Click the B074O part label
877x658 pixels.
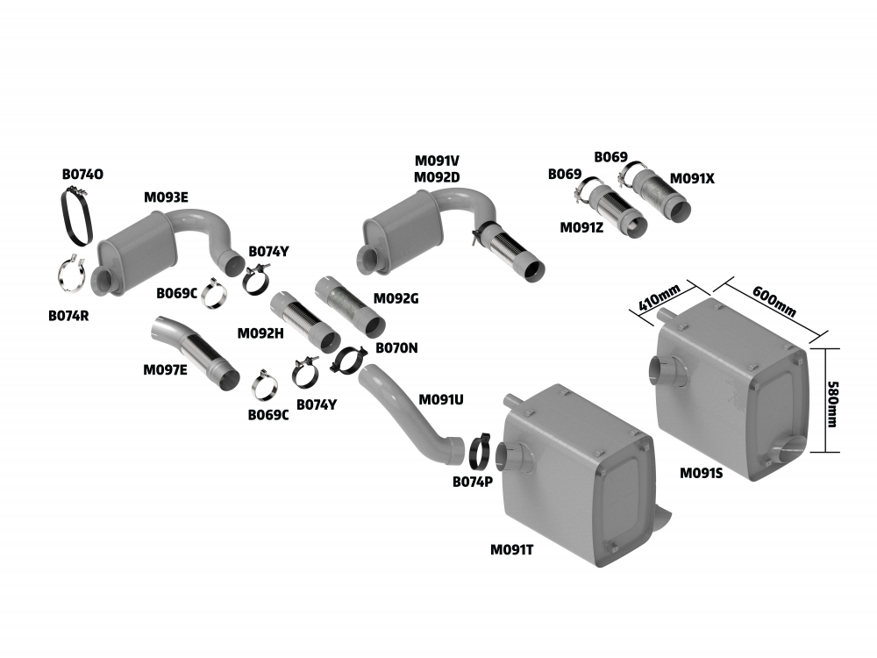point(82,175)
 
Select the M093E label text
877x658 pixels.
point(166,197)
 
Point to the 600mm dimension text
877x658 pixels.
point(775,299)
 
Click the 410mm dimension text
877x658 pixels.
point(658,299)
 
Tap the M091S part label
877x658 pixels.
point(702,473)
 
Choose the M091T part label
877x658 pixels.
point(512,550)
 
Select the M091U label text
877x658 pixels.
point(441,399)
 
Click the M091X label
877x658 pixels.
point(693,179)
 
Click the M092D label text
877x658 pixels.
point(438,177)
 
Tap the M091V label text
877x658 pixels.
point(438,161)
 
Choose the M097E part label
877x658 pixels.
point(165,370)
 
